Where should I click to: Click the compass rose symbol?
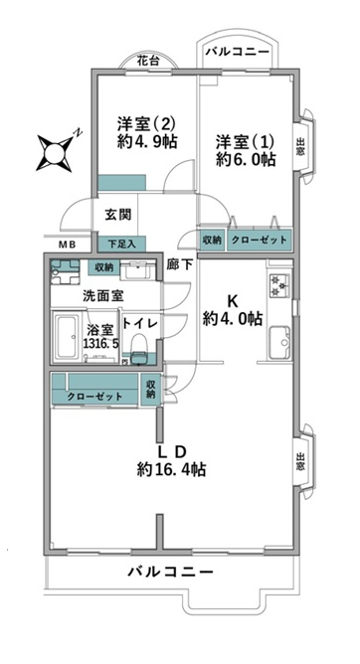[55, 152]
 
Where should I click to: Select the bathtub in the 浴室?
[66, 337]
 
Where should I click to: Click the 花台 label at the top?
[148, 62]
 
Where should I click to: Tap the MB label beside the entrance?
[67, 244]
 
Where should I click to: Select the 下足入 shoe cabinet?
[122, 245]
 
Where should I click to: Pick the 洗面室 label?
[99, 296]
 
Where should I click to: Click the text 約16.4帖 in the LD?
[171, 469]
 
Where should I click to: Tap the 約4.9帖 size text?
[147, 140]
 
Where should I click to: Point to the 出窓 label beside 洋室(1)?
[300, 147]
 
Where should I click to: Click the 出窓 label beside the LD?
[300, 461]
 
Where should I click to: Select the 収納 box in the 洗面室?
[103, 267]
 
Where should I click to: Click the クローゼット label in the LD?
[94, 397]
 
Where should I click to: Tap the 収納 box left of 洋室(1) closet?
[212, 241]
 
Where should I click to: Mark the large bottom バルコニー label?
[170, 573]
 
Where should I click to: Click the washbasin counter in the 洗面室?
[138, 270]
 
